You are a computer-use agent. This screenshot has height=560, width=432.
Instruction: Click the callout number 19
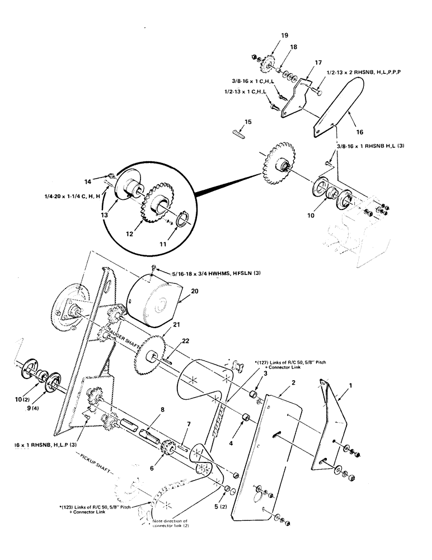pyautogui.click(x=285, y=35)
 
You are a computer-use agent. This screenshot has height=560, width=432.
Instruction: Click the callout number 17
pyautogui.click(x=318, y=63)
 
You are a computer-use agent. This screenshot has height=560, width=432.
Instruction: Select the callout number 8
pyautogui.click(x=162, y=409)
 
